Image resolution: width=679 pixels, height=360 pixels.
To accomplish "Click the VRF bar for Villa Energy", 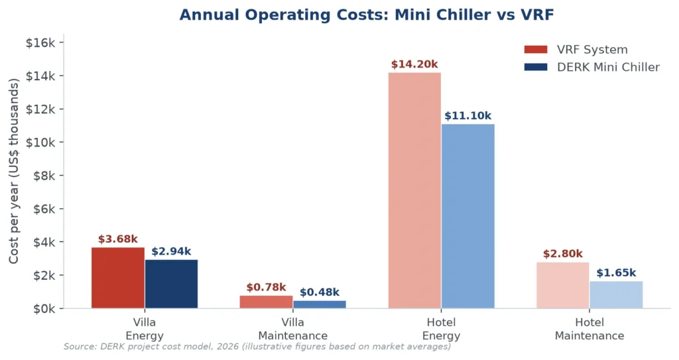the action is point(118,278).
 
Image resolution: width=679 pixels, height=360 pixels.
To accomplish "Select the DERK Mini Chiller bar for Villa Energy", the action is point(171,284).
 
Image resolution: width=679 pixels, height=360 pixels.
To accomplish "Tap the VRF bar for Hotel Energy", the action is point(414,190).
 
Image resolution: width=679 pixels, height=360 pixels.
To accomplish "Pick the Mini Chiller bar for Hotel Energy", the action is point(467,216).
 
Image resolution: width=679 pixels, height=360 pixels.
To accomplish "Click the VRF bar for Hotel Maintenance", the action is point(563,285).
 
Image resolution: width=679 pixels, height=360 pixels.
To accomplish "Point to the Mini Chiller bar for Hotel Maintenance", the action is point(616,294).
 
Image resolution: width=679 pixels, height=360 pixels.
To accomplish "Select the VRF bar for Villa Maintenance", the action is point(267,302).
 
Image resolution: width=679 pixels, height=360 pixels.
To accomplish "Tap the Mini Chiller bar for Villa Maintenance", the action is point(320,304).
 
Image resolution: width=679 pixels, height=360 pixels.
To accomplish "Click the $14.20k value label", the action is point(414,64).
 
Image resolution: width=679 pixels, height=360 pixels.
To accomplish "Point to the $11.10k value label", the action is point(467,116).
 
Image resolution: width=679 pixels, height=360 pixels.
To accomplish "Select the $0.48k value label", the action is point(320,292).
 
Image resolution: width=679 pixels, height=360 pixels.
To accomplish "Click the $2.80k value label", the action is point(563,254).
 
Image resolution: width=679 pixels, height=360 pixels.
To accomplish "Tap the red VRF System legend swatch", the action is point(536,49).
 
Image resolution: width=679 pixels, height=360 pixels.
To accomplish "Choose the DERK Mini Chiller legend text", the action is point(609,67).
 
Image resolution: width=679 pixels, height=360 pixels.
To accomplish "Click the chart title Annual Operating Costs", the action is point(367,15).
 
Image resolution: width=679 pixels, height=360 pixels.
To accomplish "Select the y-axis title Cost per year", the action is point(14,171).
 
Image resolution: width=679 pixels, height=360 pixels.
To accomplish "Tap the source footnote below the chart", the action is point(257,347).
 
